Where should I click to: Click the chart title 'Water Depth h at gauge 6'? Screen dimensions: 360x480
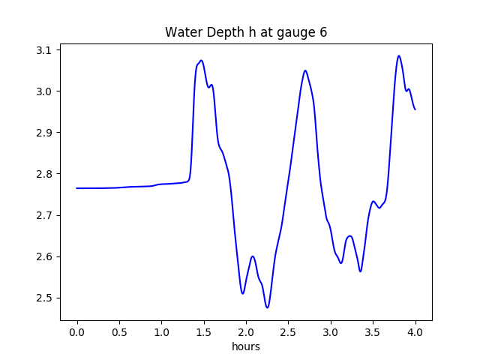[246, 32]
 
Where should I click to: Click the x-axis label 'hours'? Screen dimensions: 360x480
[246, 347]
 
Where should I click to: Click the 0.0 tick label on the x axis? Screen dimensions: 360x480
[77, 332]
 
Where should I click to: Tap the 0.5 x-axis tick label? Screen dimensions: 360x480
[119, 332]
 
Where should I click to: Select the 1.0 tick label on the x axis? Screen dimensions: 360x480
[162, 332]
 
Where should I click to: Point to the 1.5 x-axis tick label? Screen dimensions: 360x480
[204, 332]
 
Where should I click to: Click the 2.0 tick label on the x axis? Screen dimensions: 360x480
[246, 332]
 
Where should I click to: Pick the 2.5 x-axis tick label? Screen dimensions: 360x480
[289, 332]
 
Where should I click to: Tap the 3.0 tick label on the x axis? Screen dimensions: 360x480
[331, 332]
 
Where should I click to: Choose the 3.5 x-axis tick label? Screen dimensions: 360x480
[373, 332]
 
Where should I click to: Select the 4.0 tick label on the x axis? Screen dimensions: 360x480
[415, 332]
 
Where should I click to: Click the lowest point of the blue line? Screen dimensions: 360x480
[267, 307]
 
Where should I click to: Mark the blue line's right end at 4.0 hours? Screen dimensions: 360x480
[415, 109]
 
